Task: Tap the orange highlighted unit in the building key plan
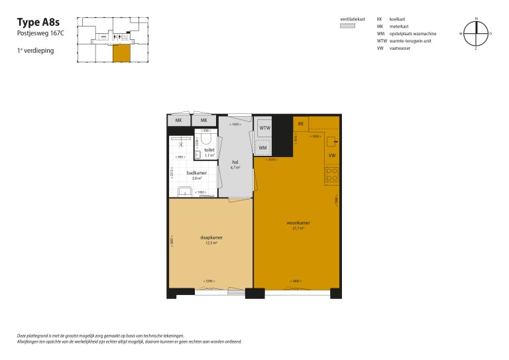(x=122, y=54)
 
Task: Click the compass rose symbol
(x=476, y=32)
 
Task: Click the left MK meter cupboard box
(x=178, y=121)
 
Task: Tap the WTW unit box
(x=264, y=127)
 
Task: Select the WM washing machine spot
(x=263, y=148)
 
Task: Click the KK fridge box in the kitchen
(x=301, y=124)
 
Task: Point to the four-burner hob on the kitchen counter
(x=331, y=175)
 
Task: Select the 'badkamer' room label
(x=196, y=172)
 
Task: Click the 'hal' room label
(x=235, y=162)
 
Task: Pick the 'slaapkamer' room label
(x=211, y=237)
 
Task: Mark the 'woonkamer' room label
(x=298, y=223)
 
